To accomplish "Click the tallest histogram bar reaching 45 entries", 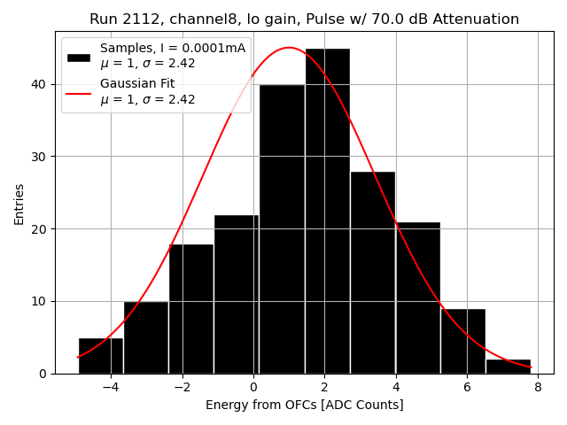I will (327, 212).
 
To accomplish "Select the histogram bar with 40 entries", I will (282, 230).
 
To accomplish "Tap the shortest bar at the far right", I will (509, 367).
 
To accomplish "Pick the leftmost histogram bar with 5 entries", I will (100, 356).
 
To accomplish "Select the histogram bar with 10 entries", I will (145, 337).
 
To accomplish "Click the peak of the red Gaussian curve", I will (289, 48).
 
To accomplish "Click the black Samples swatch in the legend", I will (79, 57).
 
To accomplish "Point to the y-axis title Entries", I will (19, 204).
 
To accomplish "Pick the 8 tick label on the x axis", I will (538, 387).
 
